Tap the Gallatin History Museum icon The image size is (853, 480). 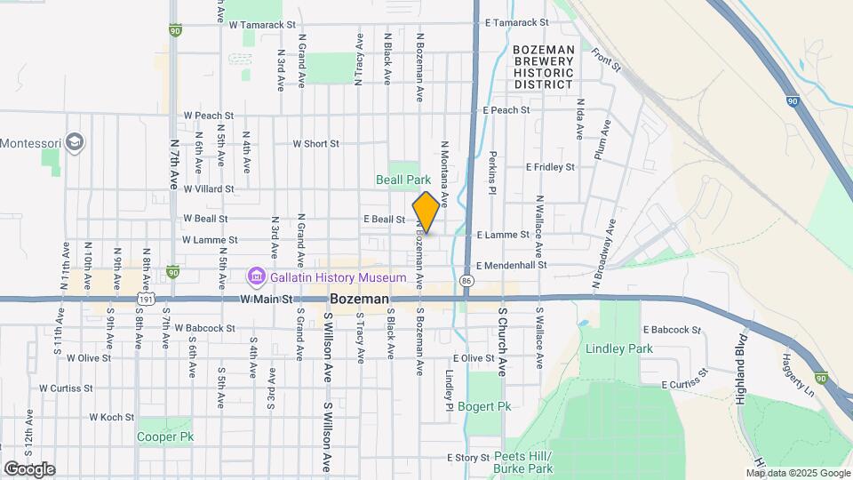click(x=257, y=278)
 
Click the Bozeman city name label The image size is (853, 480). click(x=359, y=300)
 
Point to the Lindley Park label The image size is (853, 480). click(x=618, y=348)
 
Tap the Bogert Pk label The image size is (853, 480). click(x=491, y=405)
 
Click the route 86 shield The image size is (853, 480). click(x=466, y=280)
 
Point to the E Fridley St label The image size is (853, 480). click(x=550, y=166)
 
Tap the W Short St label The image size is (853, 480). click(x=316, y=143)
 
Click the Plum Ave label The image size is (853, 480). click(x=602, y=140)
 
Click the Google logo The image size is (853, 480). click(x=28, y=469)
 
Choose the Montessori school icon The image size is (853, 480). click(x=76, y=142)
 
